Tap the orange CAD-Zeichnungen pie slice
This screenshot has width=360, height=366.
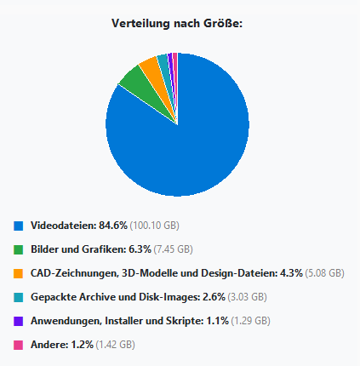pos(150,66)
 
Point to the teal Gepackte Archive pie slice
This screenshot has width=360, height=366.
pos(163,60)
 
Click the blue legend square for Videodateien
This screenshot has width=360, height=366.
pos(18,226)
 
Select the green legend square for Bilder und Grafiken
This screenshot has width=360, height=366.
pos(18,249)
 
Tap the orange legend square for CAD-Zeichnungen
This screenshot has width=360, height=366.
pos(18,273)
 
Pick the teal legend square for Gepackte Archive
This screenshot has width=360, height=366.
pos(18,297)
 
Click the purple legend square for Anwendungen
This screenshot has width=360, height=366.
pos(18,321)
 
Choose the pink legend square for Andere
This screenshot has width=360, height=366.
pos(18,345)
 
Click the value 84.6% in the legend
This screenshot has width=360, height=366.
pos(113,226)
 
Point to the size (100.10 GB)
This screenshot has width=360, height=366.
pos(156,226)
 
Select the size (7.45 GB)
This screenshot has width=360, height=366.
pos(174,249)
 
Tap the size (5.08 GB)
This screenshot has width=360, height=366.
pos(324,273)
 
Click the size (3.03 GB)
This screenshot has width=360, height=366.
pos(248,297)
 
